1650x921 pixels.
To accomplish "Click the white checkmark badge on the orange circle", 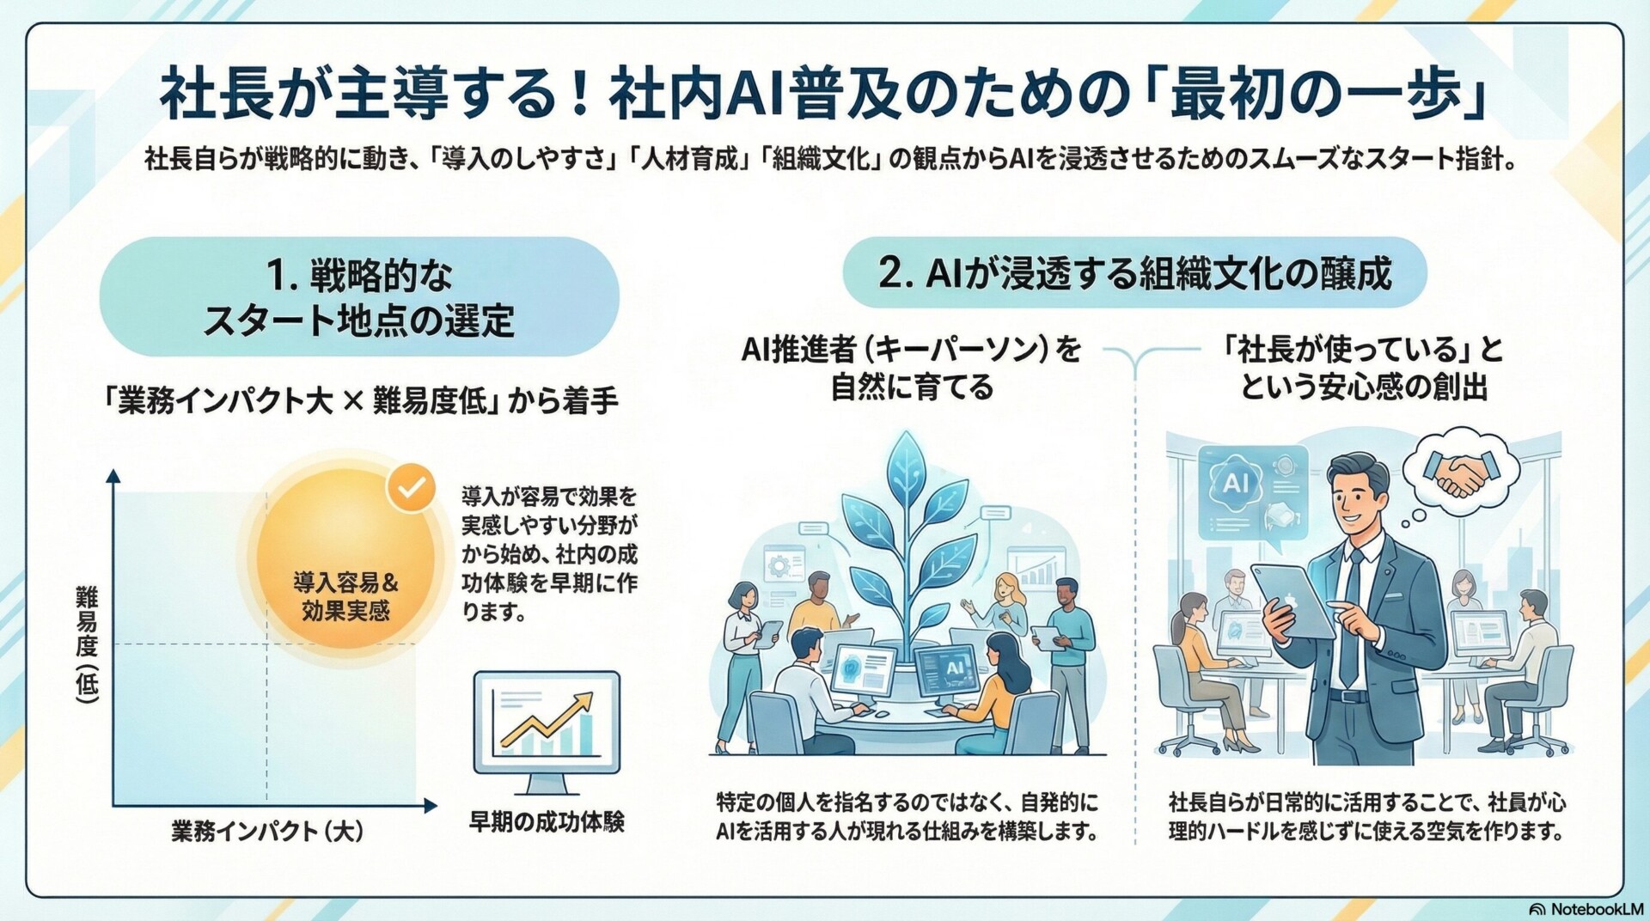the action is pos(412,487).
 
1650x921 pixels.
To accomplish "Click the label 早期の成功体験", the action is pos(547,821).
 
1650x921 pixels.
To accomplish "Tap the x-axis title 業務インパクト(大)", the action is pos(267,831).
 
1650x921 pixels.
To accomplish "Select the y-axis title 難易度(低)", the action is pos(87,644).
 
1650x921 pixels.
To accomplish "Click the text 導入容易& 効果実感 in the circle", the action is pos(345,596).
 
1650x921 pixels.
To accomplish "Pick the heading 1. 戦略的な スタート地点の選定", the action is pos(359,297).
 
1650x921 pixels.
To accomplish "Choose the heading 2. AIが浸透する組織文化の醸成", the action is pos(1134,273).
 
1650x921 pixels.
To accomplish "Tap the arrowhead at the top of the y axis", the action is pos(113,475).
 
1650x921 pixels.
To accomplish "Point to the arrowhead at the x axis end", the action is pos(430,806).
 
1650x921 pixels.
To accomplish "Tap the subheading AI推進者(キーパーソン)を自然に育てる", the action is pos(911,368).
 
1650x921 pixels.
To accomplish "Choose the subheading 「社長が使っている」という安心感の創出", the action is pos(1363,368).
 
